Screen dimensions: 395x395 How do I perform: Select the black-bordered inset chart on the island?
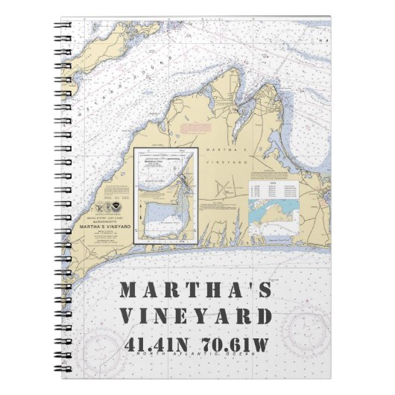(165, 195)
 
